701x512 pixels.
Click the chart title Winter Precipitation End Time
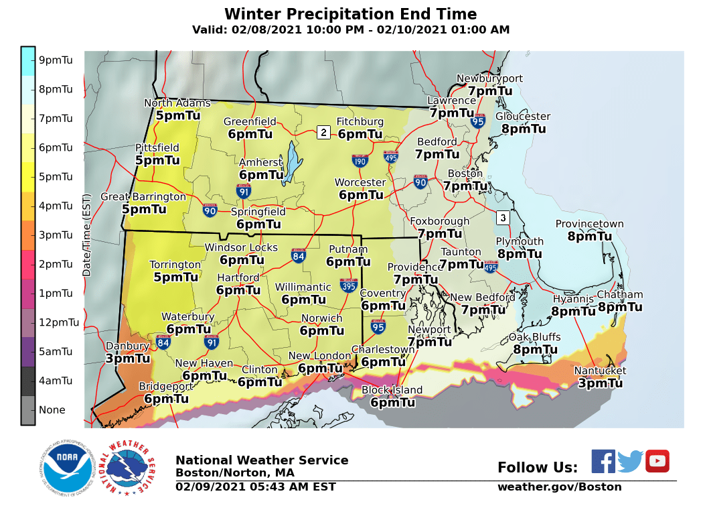[350, 14]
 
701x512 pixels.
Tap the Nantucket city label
[600, 371]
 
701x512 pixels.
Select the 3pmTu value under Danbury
[127, 359]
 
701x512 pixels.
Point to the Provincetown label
[589, 225]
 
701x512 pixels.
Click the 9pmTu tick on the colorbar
[57, 60]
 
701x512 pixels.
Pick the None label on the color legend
[52, 409]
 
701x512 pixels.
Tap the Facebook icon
[603, 461]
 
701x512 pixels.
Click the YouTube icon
[657, 461]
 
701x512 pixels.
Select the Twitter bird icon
[630, 461]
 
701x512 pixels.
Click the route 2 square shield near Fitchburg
[323, 132]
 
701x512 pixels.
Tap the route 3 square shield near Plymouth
[503, 218]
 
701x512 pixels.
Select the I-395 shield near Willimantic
[348, 285]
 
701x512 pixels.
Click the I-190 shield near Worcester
[360, 161]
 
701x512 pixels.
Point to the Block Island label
[392, 390]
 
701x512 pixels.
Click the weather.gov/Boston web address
[559, 487]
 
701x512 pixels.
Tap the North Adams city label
[177, 103]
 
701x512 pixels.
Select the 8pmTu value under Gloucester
[523, 129]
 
